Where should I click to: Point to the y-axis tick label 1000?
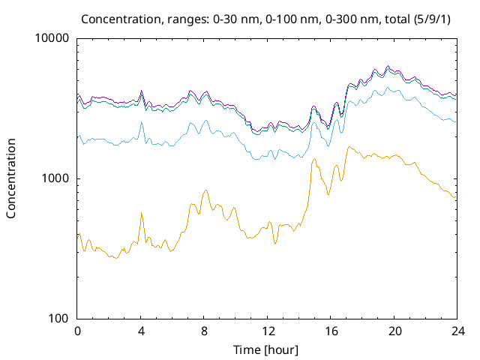[55, 178]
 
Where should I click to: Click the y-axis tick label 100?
[58, 318]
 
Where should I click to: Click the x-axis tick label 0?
[77, 331]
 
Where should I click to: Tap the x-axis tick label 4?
[140, 331]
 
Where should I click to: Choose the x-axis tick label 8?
[203, 331]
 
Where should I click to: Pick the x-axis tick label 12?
[266, 331]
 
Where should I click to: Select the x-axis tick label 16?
[329, 331]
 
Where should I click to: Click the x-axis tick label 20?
[392, 331]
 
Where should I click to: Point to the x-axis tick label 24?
[455, 331]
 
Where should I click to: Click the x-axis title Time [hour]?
[266, 349]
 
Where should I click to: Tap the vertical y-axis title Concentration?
[11, 178]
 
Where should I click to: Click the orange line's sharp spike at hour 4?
[141, 213]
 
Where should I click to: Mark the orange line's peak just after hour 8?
[205, 190]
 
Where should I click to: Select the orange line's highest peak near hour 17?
[349, 147]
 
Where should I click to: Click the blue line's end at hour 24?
[455, 121]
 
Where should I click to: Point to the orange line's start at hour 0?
[78, 235]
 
